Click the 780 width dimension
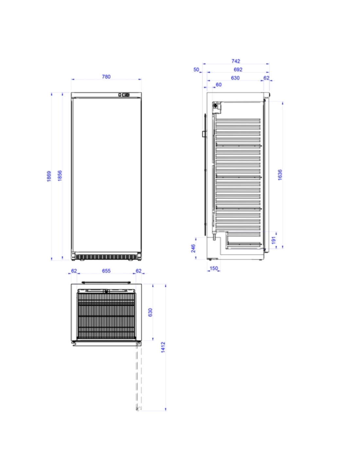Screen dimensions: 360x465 pyautogui.click(x=106, y=77)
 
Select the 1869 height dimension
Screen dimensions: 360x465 pyautogui.click(x=49, y=176)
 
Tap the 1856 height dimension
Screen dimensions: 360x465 pyautogui.click(x=60, y=176)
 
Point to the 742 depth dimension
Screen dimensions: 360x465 pyautogui.click(x=236, y=61)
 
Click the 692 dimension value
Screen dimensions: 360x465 pyautogui.click(x=238, y=70)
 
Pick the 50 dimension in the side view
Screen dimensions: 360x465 pyautogui.click(x=196, y=70)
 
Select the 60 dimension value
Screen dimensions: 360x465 pyautogui.click(x=218, y=85)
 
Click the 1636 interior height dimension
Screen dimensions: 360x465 pyautogui.click(x=280, y=175)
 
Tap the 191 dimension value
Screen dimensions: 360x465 pyautogui.click(x=274, y=240)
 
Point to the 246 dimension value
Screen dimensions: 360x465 pyautogui.click(x=193, y=248)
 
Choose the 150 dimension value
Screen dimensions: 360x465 pyautogui.click(x=214, y=268)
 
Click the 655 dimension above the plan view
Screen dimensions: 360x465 pyautogui.click(x=106, y=271)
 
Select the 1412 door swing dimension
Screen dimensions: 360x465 pyautogui.click(x=163, y=347)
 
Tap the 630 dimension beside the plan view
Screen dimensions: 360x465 pyautogui.click(x=150, y=312)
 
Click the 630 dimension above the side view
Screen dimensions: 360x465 pyautogui.click(x=235, y=78)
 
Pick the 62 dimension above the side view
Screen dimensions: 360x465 pyautogui.click(x=266, y=78)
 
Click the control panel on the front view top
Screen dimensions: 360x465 pyautogui.click(x=124, y=95)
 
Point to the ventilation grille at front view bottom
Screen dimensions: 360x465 pyautogui.click(x=106, y=257)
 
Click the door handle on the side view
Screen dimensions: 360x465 pyautogui.click(x=204, y=134)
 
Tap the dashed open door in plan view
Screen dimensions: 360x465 pyautogui.click(x=138, y=378)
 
